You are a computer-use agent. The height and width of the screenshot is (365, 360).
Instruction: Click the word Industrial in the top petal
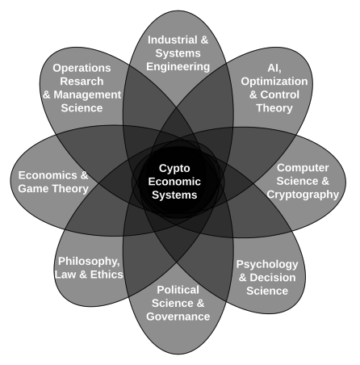tap(172, 40)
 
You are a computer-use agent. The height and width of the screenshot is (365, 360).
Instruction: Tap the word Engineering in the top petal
tap(178, 67)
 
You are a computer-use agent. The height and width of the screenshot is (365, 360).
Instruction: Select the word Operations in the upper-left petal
tap(82, 68)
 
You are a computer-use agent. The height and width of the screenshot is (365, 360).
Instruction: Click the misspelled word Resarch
tap(82, 81)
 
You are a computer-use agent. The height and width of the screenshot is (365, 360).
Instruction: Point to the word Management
tap(87, 94)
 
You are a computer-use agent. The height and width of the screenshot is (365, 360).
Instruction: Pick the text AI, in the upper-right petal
tap(274, 68)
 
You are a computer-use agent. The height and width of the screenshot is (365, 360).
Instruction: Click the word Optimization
tap(274, 82)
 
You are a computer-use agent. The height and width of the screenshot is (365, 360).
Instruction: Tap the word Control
tap(279, 94)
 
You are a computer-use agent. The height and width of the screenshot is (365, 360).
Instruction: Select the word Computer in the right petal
tap(303, 168)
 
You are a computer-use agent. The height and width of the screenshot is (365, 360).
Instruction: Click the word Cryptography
tap(303, 195)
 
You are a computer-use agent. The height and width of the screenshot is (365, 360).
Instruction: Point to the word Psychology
tap(267, 264)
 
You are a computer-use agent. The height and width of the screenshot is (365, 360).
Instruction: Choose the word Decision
tap(273, 278)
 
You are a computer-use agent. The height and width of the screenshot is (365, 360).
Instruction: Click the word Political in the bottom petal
tap(178, 290)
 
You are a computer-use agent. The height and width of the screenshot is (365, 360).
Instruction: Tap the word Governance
tap(178, 317)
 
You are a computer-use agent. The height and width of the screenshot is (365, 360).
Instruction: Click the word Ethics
tap(107, 275)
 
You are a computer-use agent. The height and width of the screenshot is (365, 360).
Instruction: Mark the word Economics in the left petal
tap(48, 175)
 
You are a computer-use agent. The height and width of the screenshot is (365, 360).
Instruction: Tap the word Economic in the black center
tap(174, 182)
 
